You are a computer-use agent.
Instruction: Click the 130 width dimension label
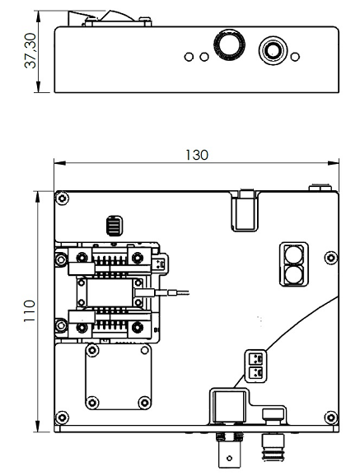(197, 155)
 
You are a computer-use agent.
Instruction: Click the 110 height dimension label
(30, 310)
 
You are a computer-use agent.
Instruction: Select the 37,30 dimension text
(30, 51)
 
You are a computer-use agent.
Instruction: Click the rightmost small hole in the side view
(295, 57)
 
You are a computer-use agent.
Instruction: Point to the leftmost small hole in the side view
(189, 57)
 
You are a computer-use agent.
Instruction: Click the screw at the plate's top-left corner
(63, 198)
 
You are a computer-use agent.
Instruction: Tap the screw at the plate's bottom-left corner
(62, 418)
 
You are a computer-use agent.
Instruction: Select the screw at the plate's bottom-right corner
(331, 418)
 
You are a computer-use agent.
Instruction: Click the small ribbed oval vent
(115, 226)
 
